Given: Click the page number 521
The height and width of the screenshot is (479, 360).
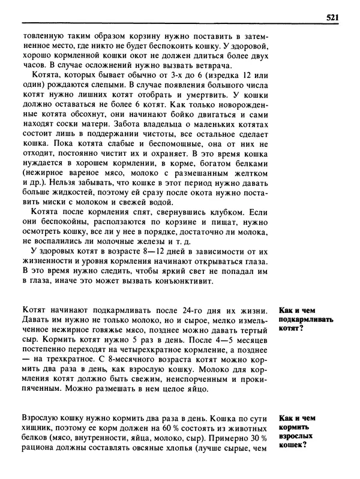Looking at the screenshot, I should pos(333,17).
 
